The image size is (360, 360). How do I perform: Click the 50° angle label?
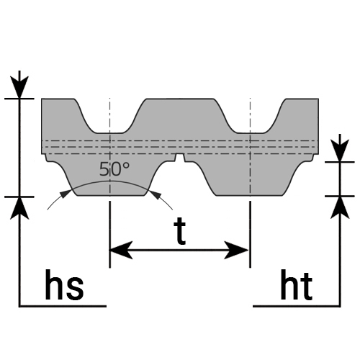click(x=114, y=169)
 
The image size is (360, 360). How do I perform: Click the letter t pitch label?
click(x=180, y=231)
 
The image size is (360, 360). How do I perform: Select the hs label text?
click(x=64, y=285)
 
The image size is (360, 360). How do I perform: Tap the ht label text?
click(x=297, y=285)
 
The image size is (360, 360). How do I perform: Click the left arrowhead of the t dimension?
click(x=121, y=250)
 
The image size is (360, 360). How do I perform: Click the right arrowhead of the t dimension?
click(x=236, y=250)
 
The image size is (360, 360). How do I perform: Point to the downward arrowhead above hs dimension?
click(x=19, y=87)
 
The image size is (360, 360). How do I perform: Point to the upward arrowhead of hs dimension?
click(x=19, y=208)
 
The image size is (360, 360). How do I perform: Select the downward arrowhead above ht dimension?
click(x=340, y=150)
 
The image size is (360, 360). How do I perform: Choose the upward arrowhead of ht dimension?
click(x=340, y=207)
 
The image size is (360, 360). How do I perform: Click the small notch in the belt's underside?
click(x=180, y=158)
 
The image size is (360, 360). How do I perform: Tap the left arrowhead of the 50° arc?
click(x=66, y=194)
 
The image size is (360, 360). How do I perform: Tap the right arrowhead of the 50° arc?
click(x=155, y=194)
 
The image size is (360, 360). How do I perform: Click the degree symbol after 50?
click(x=126, y=166)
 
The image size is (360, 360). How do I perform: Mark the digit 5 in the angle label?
click(x=104, y=169)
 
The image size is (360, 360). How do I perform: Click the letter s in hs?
click(x=75, y=289)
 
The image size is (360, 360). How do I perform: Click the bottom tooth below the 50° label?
click(x=110, y=179)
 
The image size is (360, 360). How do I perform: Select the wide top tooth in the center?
click(x=180, y=115)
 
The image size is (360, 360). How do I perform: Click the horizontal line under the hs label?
click(x=63, y=306)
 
